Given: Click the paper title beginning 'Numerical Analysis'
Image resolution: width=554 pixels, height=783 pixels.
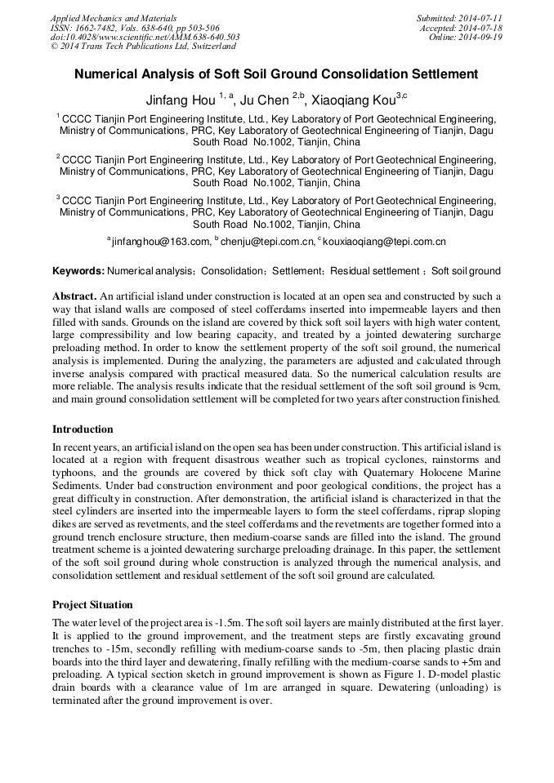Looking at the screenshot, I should click(276, 74).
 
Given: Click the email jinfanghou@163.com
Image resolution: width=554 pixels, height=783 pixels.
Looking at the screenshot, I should click(161, 242).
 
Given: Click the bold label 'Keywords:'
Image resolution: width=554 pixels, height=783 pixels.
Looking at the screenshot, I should click(78, 271).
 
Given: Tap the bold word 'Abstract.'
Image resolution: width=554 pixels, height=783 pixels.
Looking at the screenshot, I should click(74, 296).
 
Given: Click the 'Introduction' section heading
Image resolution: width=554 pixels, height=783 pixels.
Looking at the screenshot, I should click(83, 429).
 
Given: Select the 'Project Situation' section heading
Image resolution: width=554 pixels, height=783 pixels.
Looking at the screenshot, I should click(92, 605).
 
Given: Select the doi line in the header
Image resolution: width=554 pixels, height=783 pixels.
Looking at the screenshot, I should click(145, 37).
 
